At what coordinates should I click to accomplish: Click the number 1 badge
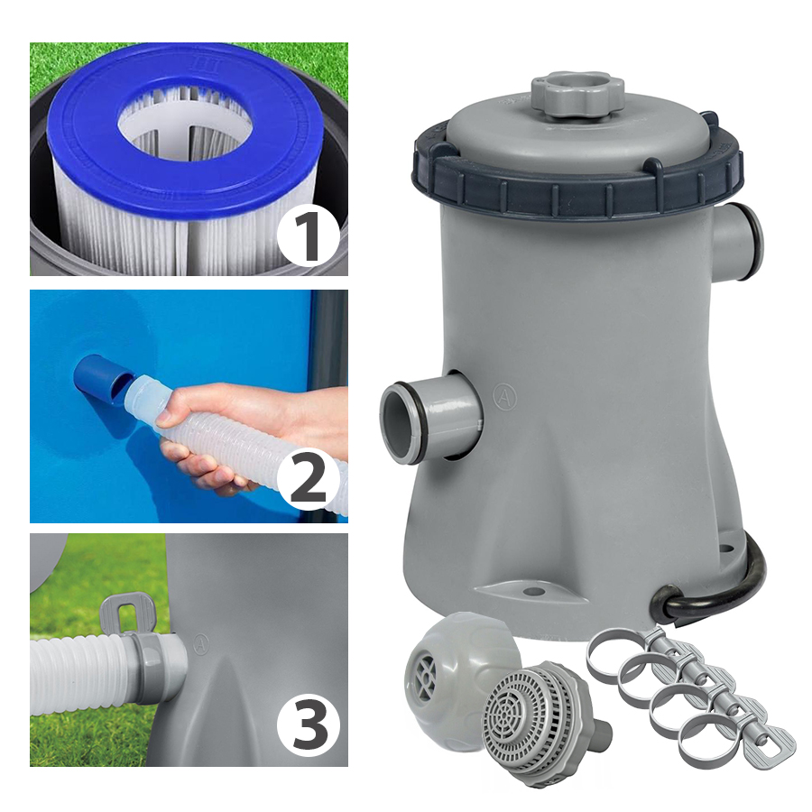(309, 238)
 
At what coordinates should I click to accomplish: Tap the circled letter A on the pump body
(505, 397)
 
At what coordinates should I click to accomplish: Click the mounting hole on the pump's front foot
(530, 591)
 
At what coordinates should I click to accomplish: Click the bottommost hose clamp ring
(708, 742)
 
